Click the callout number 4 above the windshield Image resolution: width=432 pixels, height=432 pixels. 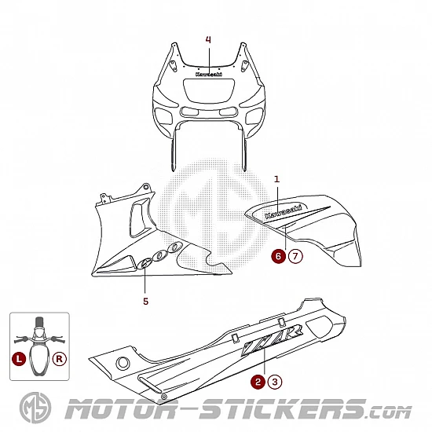(x=208, y=40)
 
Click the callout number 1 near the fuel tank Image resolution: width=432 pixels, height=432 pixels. (x=277, y=179)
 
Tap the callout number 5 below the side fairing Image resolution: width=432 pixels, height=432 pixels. (x=145, y=302)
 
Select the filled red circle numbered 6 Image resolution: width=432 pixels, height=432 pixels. (x=278, y=256)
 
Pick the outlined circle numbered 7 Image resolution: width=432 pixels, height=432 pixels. (x=295, y=256)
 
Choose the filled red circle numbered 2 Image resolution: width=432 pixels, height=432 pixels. (x=258, y=382)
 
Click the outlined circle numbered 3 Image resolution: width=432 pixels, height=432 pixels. (x=275, y=382)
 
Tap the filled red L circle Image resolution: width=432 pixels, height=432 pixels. (x=19, y=359)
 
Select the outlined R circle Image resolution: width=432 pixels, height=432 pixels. (x=60, y=359)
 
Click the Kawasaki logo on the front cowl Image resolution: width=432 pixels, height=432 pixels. (x=209, y=74)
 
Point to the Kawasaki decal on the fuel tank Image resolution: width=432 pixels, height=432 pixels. (x=283, y=211)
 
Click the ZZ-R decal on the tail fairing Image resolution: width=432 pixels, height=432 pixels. (x=272, y=341)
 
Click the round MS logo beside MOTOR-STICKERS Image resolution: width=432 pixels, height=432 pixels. (x=35, y=408)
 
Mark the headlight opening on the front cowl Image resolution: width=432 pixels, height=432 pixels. (x=210, y=90)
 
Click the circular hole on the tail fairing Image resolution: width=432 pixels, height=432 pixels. (x=123, y=364)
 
